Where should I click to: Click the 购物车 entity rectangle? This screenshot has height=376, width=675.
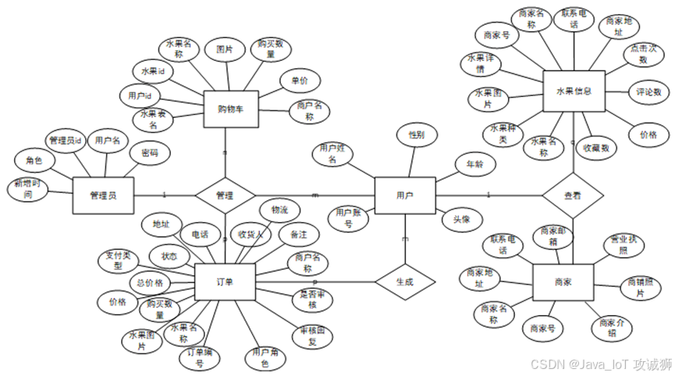230,109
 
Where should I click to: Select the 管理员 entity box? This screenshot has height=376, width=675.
103,195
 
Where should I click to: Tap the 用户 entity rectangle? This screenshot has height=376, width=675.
404,195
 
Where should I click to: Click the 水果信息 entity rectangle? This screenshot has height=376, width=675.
574,92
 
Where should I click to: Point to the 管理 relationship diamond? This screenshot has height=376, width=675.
225,195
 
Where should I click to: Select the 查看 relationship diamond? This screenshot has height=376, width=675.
574,195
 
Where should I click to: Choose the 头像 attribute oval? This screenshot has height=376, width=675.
460,220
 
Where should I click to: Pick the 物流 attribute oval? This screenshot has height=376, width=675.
279,211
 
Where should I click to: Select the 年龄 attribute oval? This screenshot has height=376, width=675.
474,164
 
